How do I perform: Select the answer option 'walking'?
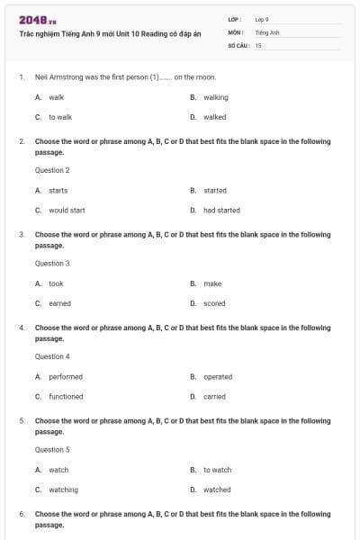coord(216,97)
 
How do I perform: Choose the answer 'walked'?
coord(215,117)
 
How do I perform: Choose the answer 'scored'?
coord(214,303)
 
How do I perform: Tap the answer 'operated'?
coord(218,377)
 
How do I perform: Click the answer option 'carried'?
coord(214,397)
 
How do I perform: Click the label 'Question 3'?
coord(52,264)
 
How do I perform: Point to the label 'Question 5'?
coord(52,449)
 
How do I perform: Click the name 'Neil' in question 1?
coord(41,77)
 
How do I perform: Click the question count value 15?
coord(258,44)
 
